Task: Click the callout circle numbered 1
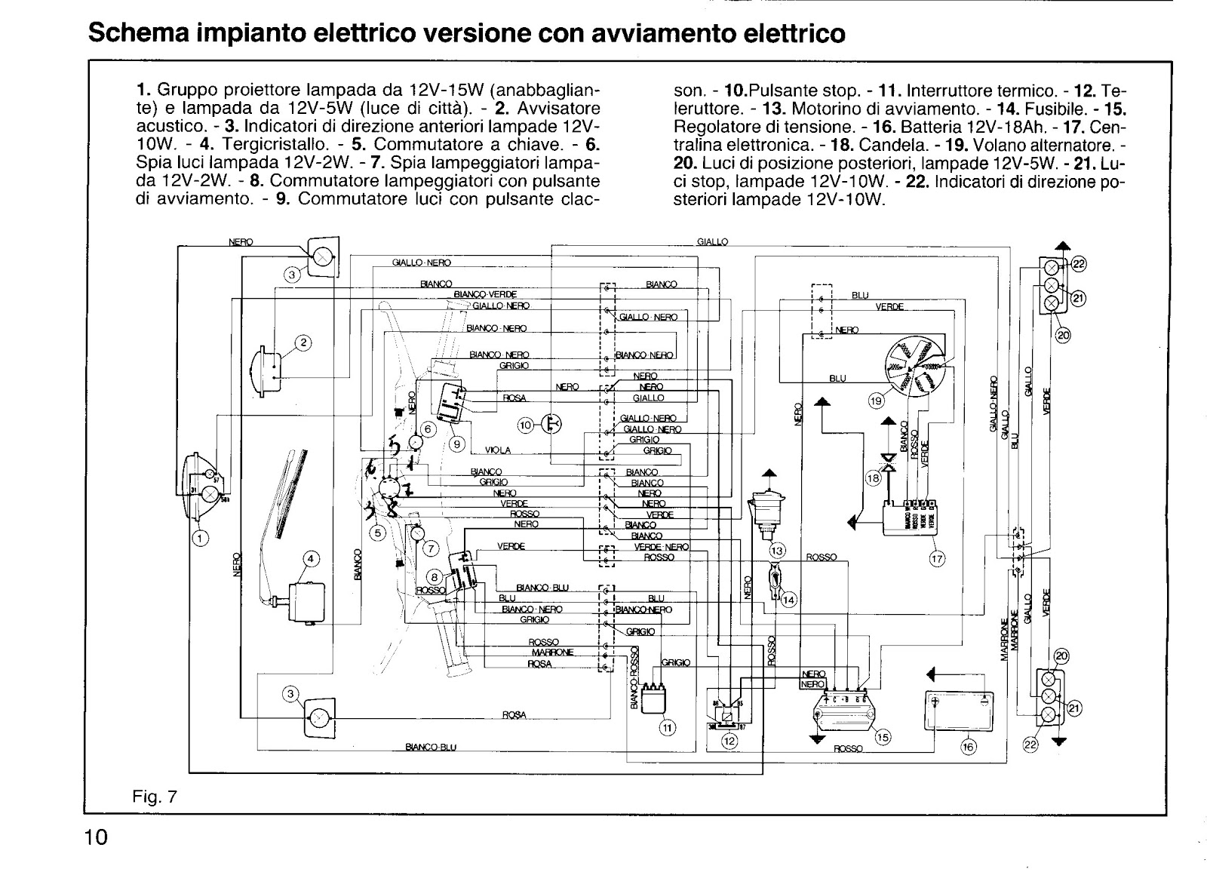click(201, 538)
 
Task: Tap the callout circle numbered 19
click(875, 402)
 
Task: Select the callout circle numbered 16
click(969, 747)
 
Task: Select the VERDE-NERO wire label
click(661, 547)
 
